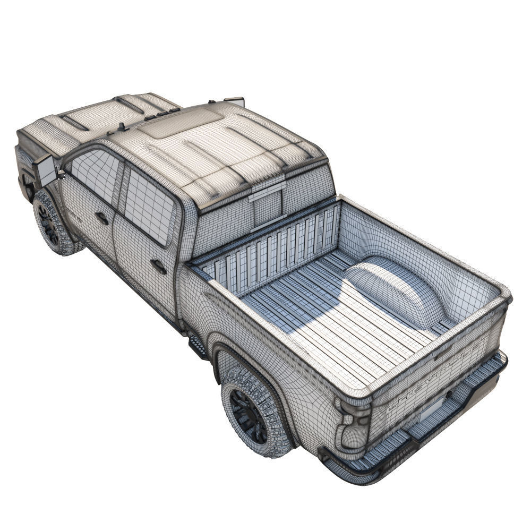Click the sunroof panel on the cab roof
pyautogui.click(x=183, y=123)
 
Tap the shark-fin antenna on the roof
pyautogui.click(x=122, y=127)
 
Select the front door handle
pyautogui.click(x=102, y=218)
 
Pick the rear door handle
pyautogui.click(x=158, y=266)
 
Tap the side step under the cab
pyautogui.click(x=198, y=345)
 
